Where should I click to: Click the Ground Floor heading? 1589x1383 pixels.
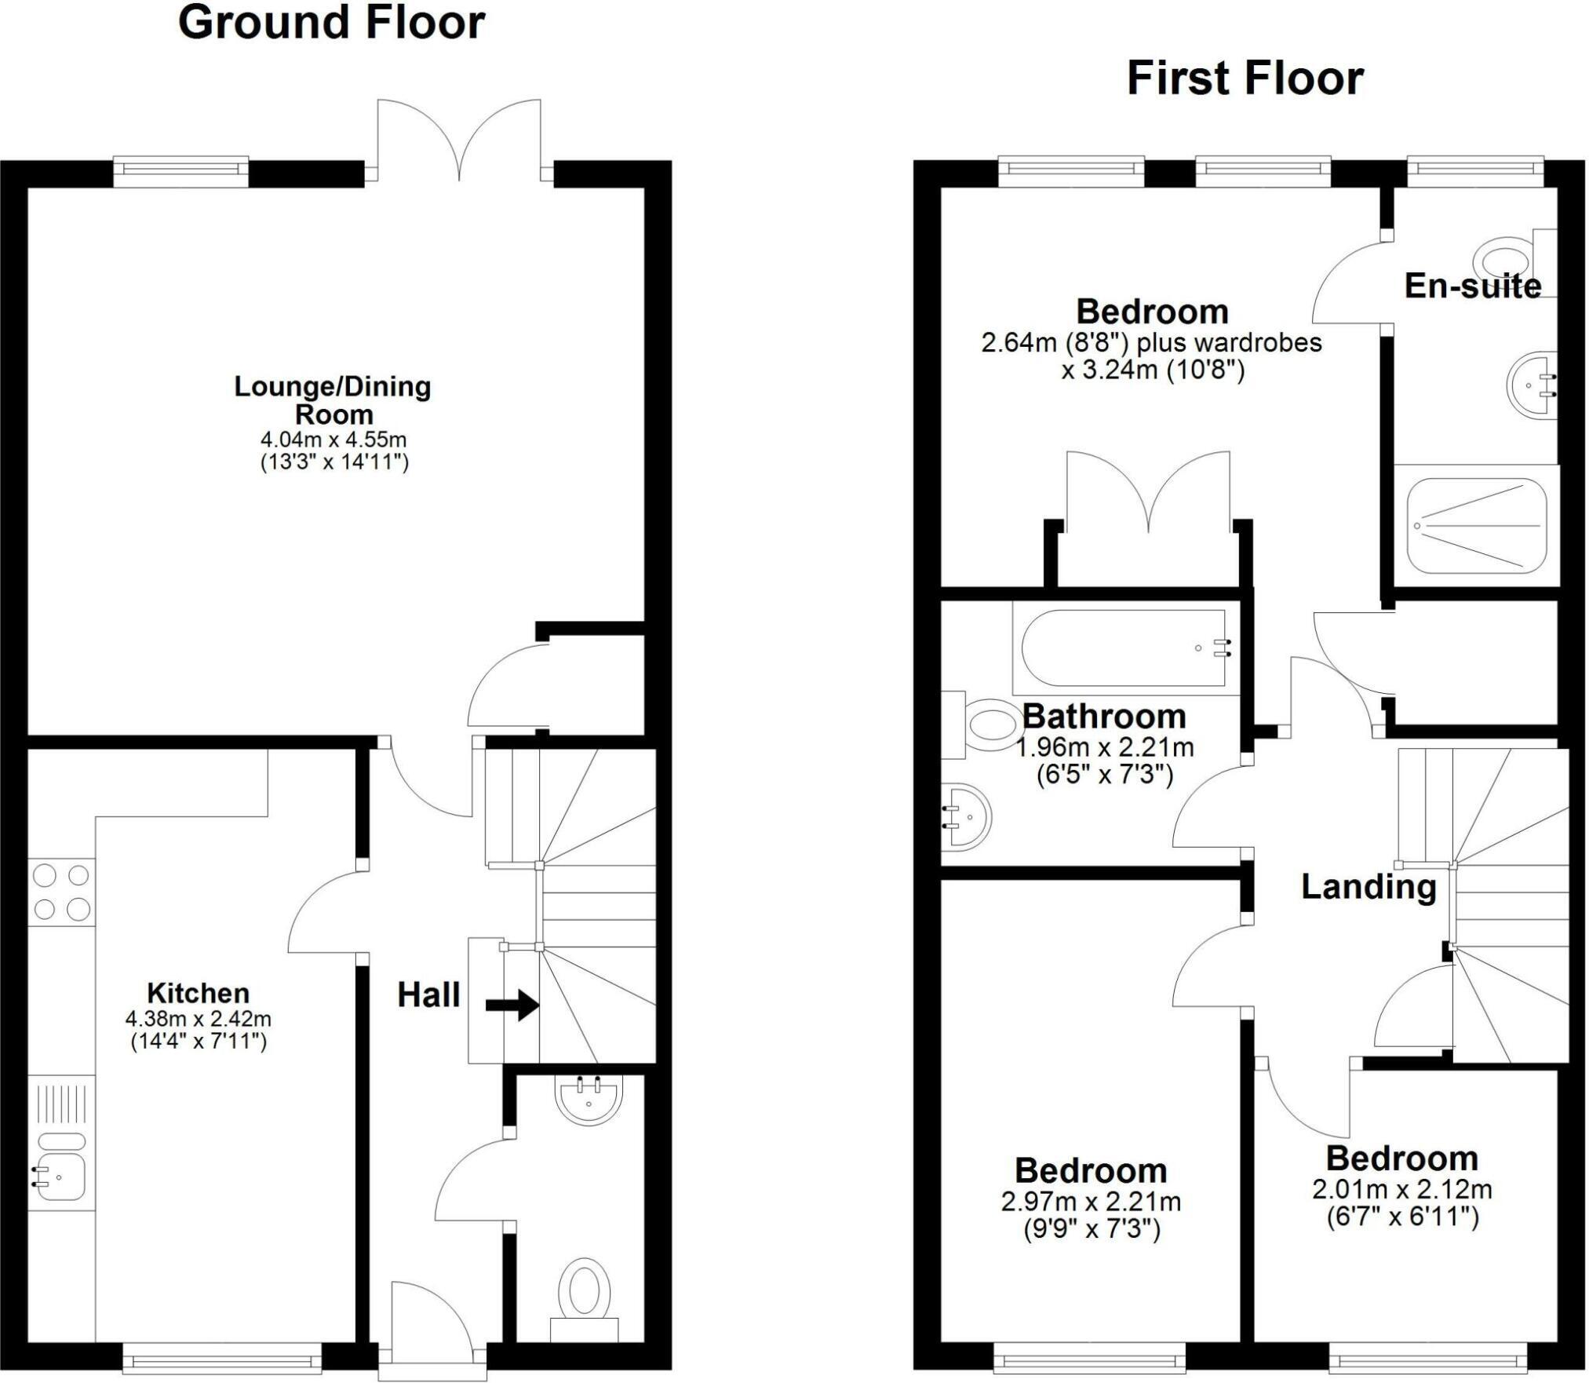coord(331,24)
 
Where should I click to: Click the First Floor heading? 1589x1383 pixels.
coord(1245,80)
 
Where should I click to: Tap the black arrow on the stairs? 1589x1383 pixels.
coord(512,1005)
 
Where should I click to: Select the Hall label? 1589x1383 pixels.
coord(428,995)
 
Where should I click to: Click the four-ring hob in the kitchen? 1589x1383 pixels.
coord(61,892)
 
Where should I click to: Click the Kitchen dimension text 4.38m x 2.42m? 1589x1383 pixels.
coord(198,1020)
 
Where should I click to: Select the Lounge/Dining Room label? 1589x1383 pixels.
coord(333,400)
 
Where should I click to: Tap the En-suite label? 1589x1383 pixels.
coord(1472,286)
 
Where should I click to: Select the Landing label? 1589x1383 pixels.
coord(1369,888)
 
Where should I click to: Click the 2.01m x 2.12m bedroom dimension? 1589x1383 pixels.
coord(1401,1190)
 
